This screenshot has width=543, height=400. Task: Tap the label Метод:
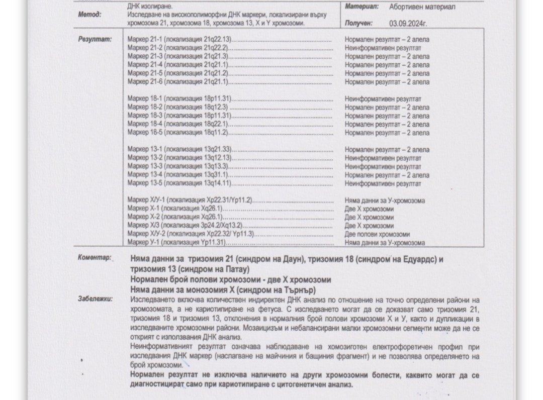coord(89,15)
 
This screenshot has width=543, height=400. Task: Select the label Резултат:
coord(95,39)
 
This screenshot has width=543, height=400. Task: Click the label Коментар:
coord(95,258)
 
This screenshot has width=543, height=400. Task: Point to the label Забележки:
coord(96,299)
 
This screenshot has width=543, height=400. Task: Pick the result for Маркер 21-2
coord(383,48)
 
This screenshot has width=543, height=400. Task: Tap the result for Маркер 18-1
coord(383,99)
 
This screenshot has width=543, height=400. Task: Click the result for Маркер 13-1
coord(387,150)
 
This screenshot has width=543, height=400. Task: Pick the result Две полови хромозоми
coord(377,234)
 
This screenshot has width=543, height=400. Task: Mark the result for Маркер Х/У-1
coord(385,201)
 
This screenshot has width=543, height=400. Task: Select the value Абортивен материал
coord(422,7)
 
